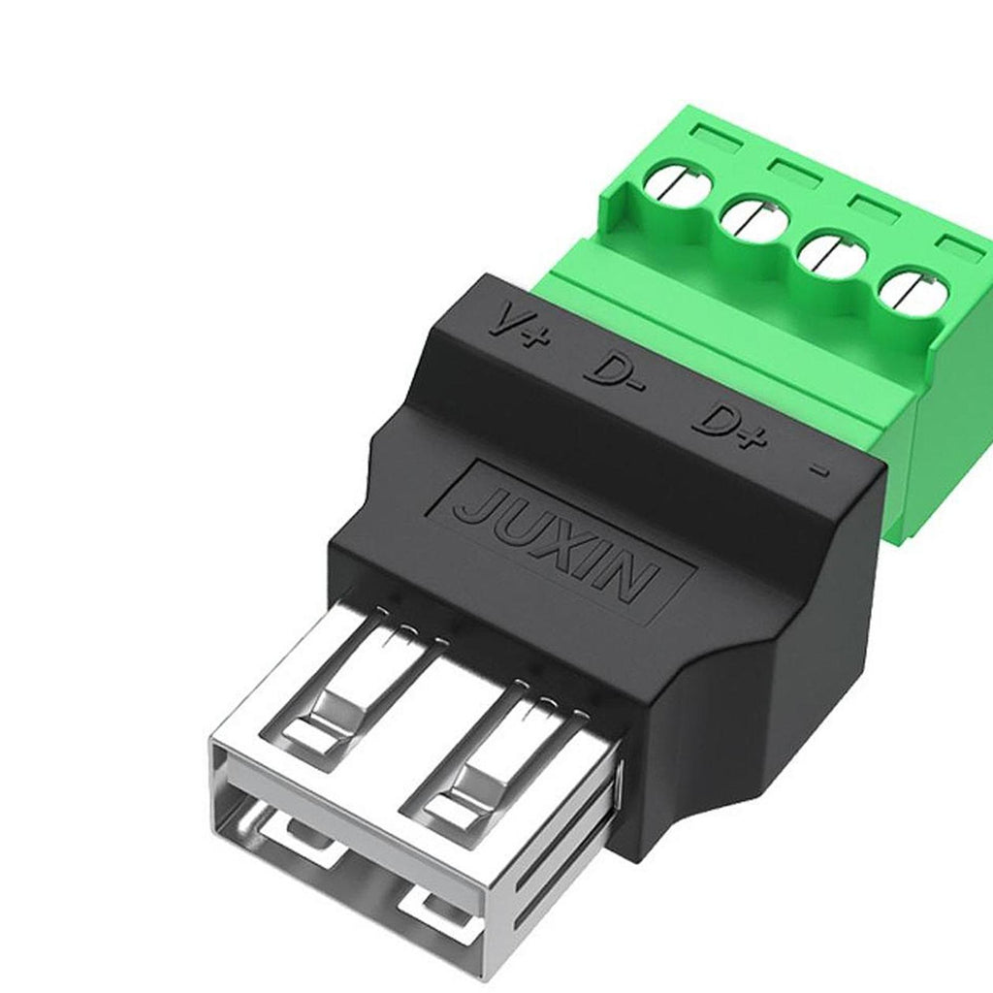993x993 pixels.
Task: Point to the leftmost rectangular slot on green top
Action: point(717,137)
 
